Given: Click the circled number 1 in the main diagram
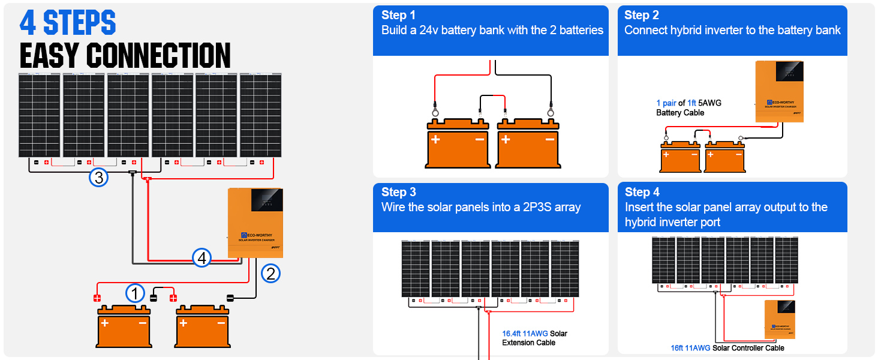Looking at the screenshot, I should tap(135, 293).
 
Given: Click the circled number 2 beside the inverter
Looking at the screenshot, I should tap(270, 274).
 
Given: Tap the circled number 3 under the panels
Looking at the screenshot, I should tap(98, 178).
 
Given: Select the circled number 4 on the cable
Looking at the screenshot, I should tap(202, 258).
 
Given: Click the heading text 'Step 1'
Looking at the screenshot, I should tap(398, 15).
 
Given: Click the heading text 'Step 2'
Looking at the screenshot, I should tap(642, 15).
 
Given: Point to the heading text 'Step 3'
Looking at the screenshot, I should tap(398, 192).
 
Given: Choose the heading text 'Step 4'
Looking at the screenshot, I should tap(642, 192).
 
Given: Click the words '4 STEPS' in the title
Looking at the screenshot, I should tap(68, 23).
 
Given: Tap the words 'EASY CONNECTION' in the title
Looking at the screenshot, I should tap(125, 56).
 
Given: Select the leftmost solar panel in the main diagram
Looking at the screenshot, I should tap(39, 115).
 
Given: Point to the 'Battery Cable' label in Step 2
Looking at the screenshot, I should tap(680, 113).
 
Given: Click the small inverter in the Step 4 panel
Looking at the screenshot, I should tap(780, 319).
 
